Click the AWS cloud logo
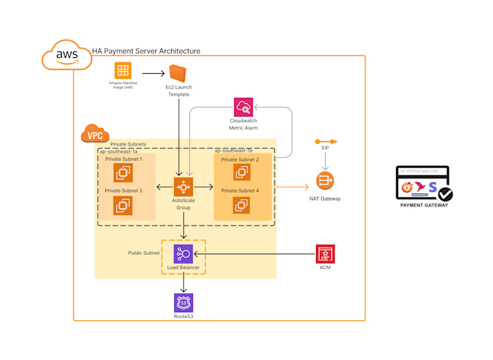click(x=67, y=55)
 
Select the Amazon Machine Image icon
click(x=122, y=72)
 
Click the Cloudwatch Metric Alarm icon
click(x=244, y=108)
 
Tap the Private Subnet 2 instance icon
click(x=242, y=172)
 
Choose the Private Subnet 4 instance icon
click(x=242, y=205)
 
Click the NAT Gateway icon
click(x=324, y=181)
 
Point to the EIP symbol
click(x=324, y=142)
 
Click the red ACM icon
click(x=326, y=254)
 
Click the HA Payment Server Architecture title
click(x=146, y=51)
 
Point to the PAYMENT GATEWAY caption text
click(x=424, y=205)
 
